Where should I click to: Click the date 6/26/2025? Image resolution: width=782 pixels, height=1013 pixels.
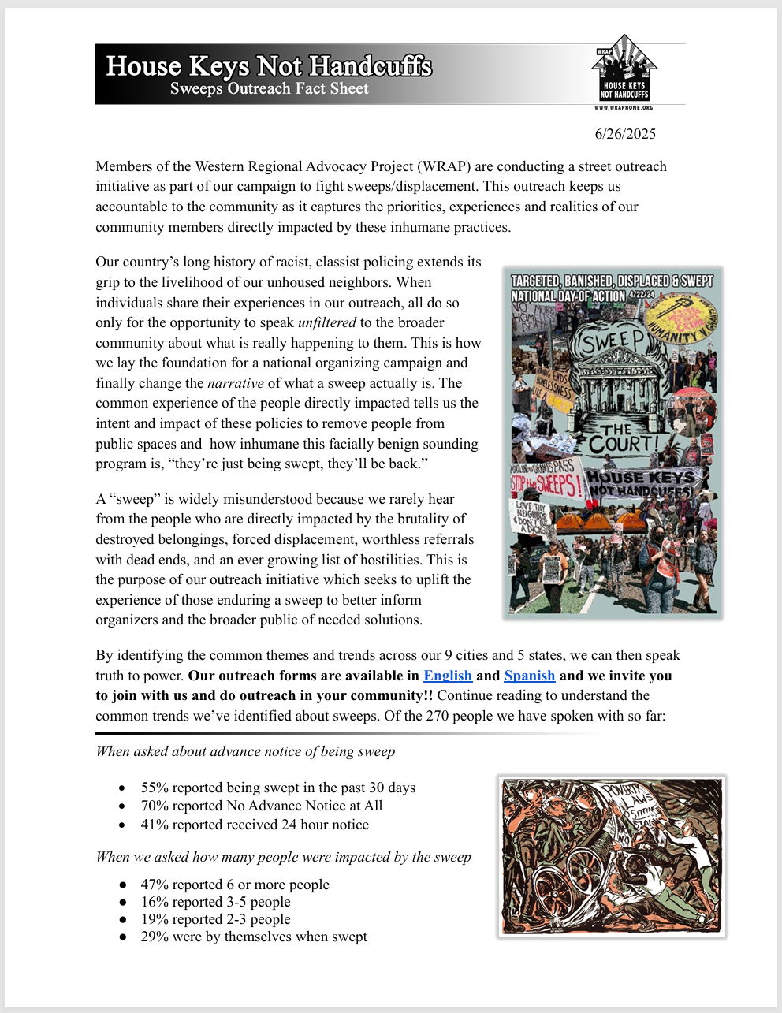(625, 134)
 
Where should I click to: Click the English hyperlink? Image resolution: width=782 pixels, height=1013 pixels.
(448, 676)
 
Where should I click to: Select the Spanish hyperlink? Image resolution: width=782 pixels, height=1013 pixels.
(530, 676)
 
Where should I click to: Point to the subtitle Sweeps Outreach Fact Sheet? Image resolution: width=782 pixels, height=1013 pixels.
(270, 89)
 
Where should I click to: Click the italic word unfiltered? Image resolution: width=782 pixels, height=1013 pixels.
(327, 322)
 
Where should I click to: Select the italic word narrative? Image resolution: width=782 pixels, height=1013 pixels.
(236, 383)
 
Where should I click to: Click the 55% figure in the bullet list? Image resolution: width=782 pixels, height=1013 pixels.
(155, 788)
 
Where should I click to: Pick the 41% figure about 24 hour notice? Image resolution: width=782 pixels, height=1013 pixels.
(155, 825)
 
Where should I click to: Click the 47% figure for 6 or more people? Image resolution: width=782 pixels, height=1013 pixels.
(155, 885)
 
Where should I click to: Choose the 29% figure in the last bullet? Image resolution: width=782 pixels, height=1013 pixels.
(155, 937)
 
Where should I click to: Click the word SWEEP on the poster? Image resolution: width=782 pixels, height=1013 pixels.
(614, 341)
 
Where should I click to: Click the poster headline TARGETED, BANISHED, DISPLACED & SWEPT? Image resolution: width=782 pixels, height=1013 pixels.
(612, 281)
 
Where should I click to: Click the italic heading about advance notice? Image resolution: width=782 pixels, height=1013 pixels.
(245, 751)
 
